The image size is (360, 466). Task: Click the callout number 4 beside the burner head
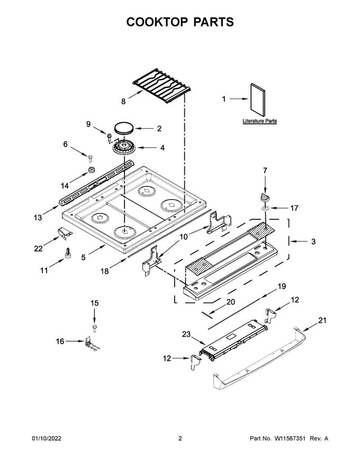pyautogui.click(x=162, y=149)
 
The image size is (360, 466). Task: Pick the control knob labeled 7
pyautogui.click(x=265, y=197)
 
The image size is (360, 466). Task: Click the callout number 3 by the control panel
pyautogui.click(x=313, y=241)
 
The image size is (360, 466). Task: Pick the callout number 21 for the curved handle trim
pyautogui.click(x=322, y=321)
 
